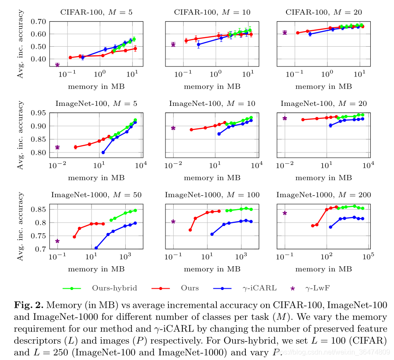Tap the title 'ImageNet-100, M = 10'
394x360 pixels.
(x=212, y=104)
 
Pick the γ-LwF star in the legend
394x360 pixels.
(x=293, y=288)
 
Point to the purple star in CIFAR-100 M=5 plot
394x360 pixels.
(x=57, y=65)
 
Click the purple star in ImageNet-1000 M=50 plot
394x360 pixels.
(x=57, y=241)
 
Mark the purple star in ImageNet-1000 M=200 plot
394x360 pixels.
(x=285, y=213)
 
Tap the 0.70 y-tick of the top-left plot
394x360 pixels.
(x=38, y=22)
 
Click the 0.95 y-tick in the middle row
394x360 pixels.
(x=38, y=113)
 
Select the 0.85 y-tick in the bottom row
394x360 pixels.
(x=38, y=210)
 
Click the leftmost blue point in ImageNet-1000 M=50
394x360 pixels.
(x=96, y=248)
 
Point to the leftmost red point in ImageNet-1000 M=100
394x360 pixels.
(x=191, y=230)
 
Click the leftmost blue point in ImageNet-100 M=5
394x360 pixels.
(x=103, y=152)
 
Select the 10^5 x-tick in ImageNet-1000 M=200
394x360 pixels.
(x=369, y=258)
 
